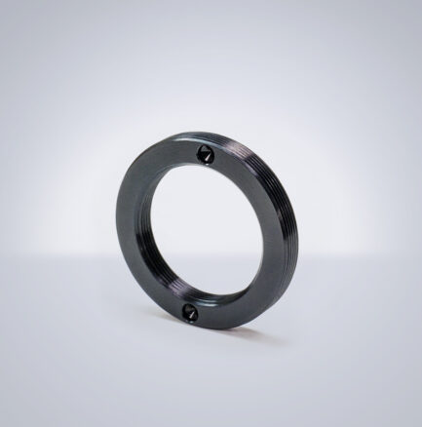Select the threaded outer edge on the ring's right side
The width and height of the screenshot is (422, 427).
pyautogui.click(x=292, y=234)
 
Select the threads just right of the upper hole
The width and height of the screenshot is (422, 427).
pyautogui.click(x=234, y=146)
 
